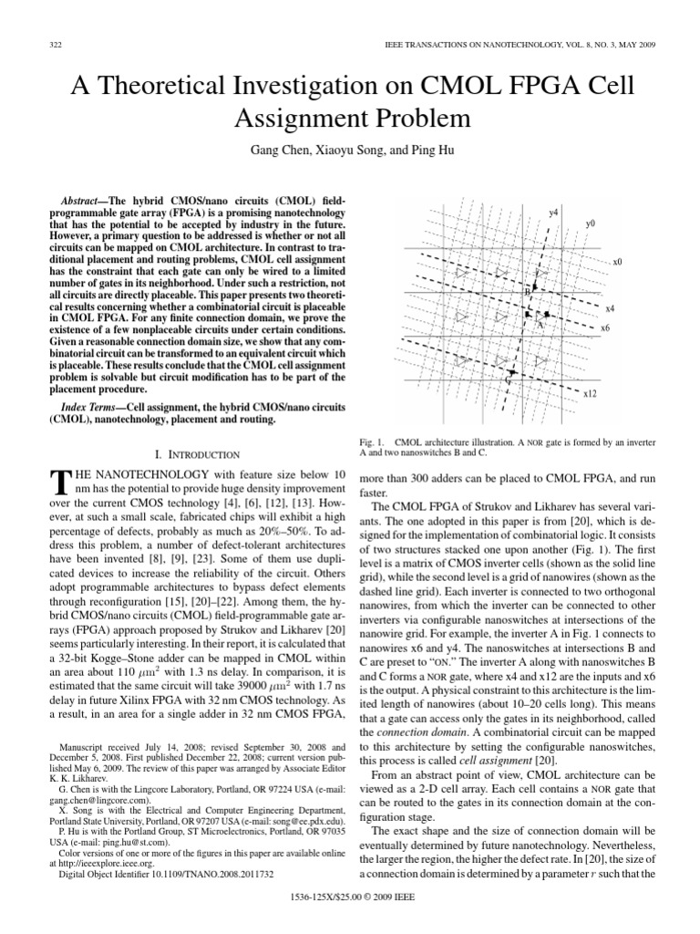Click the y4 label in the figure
tap(553, 212)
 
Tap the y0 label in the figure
tap(591, 223)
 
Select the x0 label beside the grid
tap(617, 262)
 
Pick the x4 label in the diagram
tap(610, 308)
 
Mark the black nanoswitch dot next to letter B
tap(536, 287)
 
